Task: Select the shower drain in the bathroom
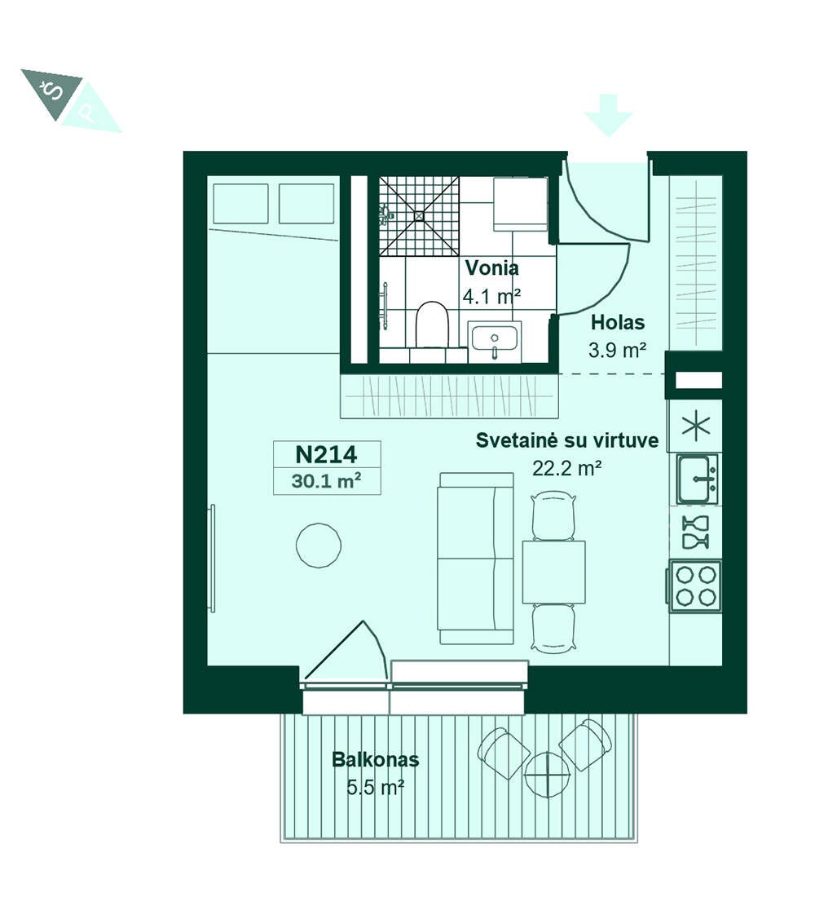point(419,215)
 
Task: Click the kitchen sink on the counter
point(697,479)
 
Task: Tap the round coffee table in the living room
point(319,546)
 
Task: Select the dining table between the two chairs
point(553,572)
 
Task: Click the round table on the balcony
point(548,775)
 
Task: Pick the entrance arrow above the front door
point(609,115)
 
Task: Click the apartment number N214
point(327,455)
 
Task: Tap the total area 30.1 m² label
point(326,480)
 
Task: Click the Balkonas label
point(375,760)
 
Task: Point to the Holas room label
point(618,323)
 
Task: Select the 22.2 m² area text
point(566,469)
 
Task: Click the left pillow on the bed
point(240,204)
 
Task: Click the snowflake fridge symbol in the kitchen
point(696,426)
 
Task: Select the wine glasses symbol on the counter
point(696,532)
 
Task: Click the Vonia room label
point(492,267)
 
